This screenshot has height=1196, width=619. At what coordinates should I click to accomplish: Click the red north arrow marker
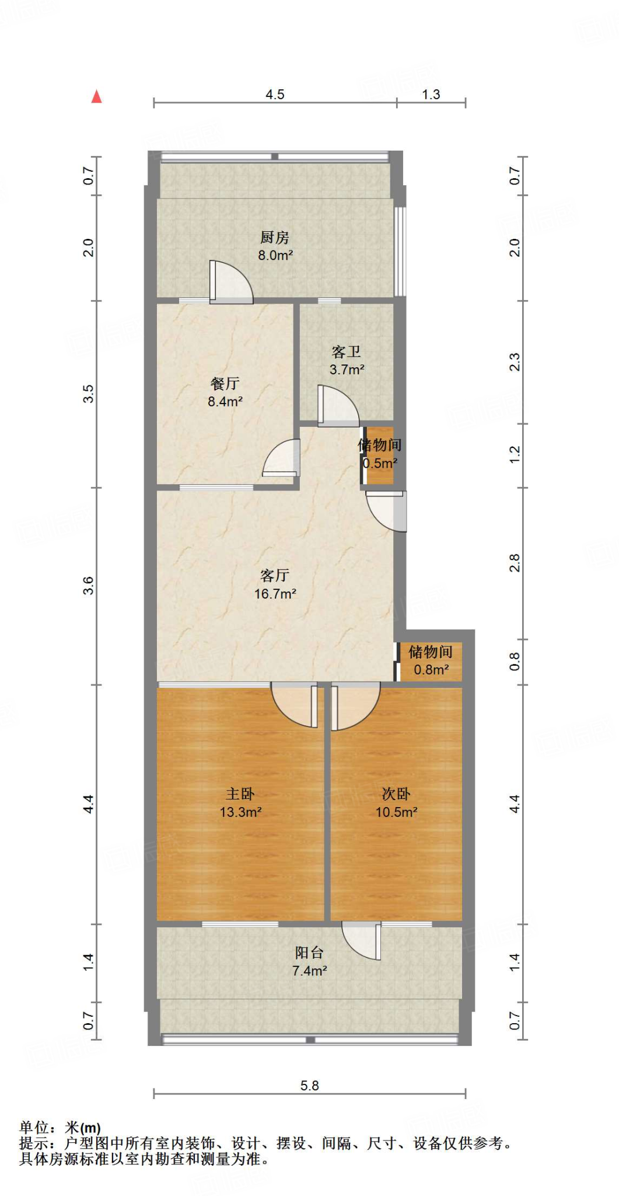tap(97, 97)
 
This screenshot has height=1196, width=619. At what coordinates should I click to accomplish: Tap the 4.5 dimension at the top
tap(275, 95)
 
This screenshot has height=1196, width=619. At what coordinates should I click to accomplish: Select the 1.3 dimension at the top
tap(431, 95)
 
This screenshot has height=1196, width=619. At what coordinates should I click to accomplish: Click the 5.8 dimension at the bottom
tap(309, 1085)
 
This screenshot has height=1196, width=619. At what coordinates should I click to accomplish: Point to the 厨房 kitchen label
tap(275, 237)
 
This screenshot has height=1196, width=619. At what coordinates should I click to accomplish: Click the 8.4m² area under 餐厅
tap(225, 401)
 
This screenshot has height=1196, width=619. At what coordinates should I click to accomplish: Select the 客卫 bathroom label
tap(346, 352)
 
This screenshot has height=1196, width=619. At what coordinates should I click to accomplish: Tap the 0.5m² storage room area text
tap(380, 463)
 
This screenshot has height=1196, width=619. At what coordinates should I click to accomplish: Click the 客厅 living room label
tap(275, 575)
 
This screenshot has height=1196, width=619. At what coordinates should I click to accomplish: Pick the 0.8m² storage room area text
tap(431, 669)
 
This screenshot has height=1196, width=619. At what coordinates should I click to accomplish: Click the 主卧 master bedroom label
tap(240, 794)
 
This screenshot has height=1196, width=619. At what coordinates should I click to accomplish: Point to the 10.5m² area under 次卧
tap(396, 812)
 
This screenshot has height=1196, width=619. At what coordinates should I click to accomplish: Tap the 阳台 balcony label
tap(309, 952)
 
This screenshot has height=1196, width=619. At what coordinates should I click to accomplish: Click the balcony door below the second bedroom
tap(362, 940)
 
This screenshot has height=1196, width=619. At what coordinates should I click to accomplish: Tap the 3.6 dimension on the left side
tap(88, 585)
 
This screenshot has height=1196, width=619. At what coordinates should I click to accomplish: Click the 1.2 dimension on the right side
tap(514, 454)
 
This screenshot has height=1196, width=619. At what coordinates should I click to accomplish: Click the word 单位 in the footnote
tap(33, 1128)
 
